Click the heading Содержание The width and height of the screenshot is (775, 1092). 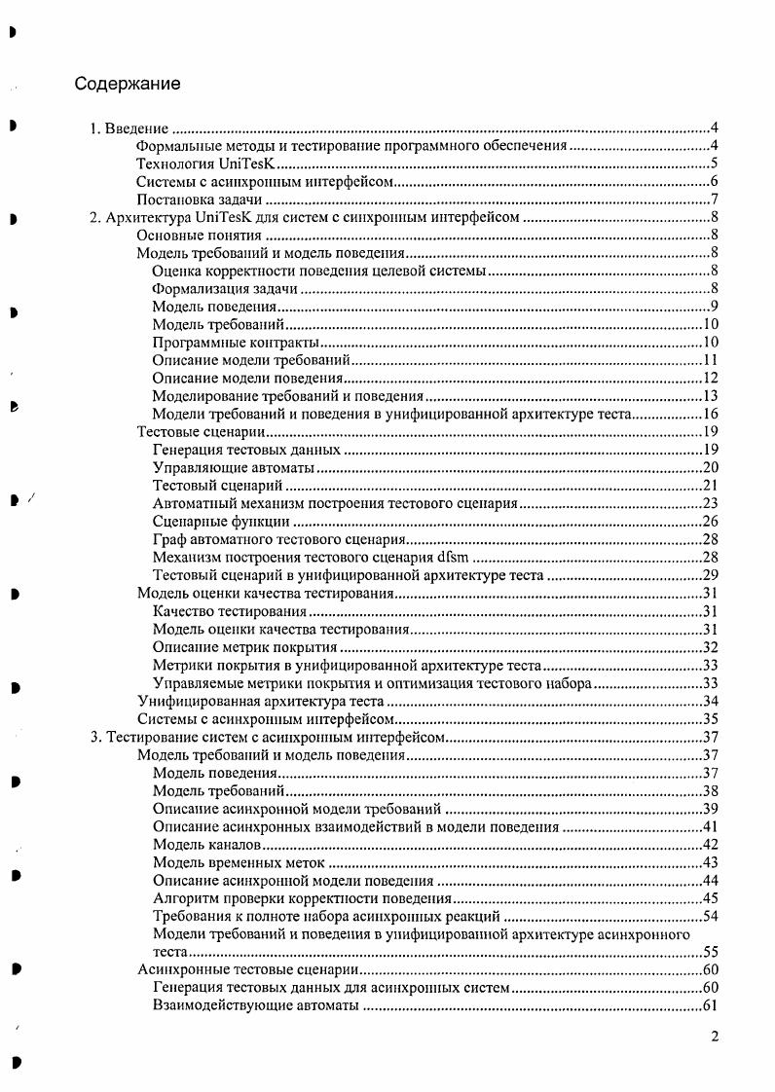coord(127,84)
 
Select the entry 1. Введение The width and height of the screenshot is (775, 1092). coord(129,128)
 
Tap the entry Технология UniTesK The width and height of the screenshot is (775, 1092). coord(189,164)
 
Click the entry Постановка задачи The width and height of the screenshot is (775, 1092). coord(191,200)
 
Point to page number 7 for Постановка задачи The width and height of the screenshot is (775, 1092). coord(714,200)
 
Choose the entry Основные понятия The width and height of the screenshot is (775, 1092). coord(199,236)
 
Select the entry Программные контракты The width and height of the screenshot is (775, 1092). coord(237,343)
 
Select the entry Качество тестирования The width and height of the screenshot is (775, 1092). coord(230,611)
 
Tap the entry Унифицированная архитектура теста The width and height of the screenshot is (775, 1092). coord(260,701)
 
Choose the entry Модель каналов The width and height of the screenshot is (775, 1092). coord(206,844)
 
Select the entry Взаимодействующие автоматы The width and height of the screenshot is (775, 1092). coord(256,1005)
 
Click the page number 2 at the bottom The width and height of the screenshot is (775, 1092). coord(714,1037)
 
